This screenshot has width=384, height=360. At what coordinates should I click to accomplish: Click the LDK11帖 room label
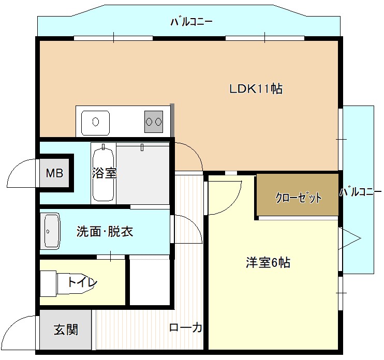(256, 88)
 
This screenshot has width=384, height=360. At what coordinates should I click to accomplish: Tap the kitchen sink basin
(96, 123)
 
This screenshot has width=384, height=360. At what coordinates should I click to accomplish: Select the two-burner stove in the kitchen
(154, 122)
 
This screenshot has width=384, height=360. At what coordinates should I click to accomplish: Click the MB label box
(54, 173)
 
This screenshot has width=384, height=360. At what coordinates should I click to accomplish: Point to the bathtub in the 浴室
(103, 173)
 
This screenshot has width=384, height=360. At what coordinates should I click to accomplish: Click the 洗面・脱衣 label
(105, 231)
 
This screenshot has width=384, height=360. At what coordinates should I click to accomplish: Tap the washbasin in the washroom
(52, 231)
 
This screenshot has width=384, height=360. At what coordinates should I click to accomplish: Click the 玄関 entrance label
(66, 329)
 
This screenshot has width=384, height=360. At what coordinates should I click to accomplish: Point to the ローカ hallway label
(185, 327)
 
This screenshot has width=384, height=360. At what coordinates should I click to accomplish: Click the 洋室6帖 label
(268, 263)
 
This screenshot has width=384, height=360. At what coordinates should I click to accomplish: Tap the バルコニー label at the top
(191, 22)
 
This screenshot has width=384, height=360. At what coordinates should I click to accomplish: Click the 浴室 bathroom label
(105, 173)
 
